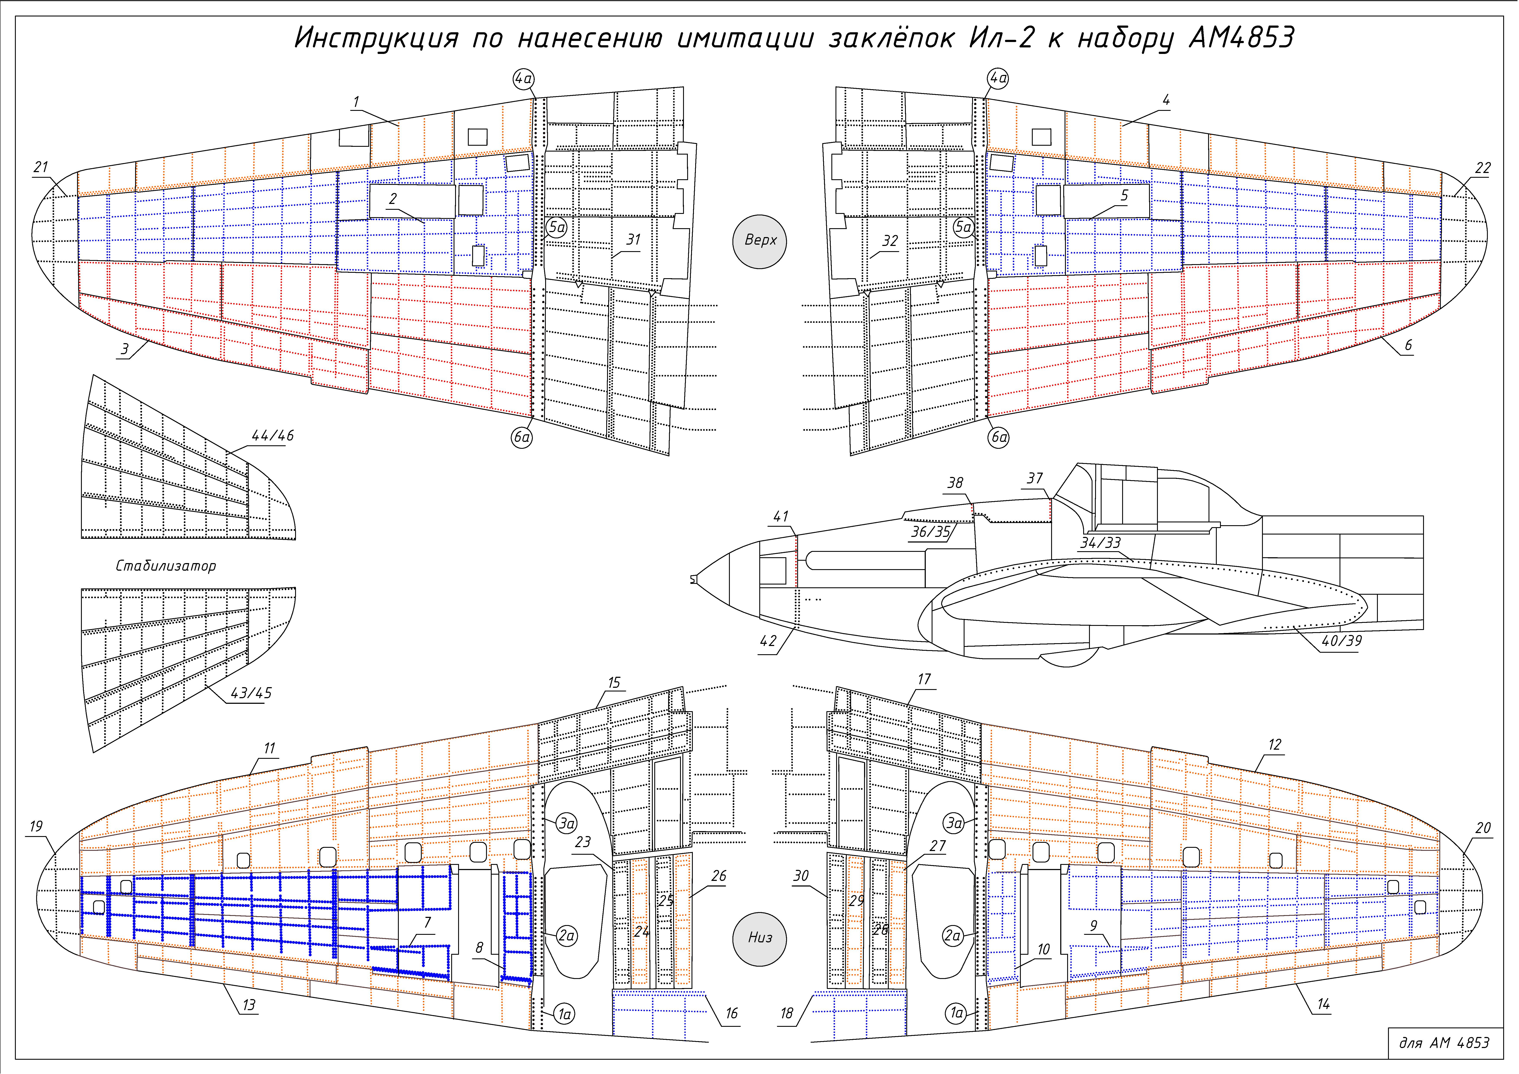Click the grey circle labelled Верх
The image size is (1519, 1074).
(x=759, y=240)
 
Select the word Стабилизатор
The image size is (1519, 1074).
(x=165, y=566)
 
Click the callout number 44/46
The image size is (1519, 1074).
(x=273, y=435)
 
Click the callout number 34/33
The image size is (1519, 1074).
(x=1100, y=543)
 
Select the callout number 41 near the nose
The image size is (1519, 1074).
(x=781, y=516)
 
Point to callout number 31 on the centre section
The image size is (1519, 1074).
(x=633, y=240)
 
